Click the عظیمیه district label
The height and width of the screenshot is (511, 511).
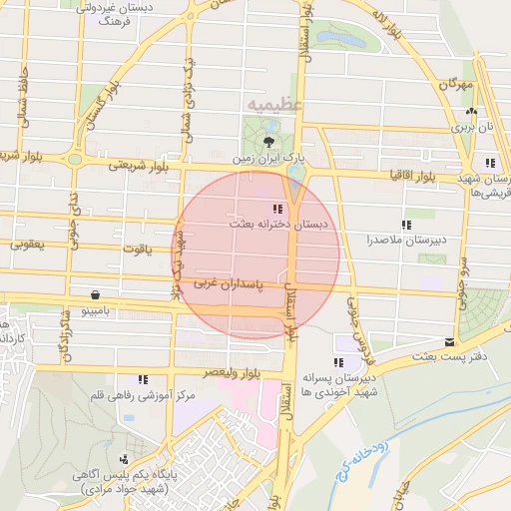click(x=270, y=103)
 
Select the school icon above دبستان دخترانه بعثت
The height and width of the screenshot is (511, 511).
click(x=276, y=209)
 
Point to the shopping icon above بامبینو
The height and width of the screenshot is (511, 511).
click(x=95, y=295)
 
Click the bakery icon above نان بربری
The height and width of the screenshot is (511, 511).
click(x=471, y=113)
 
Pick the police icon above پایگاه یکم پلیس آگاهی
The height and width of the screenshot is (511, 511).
click(x=123, y=459)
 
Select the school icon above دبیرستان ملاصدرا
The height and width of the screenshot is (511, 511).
click(x=405, y=225)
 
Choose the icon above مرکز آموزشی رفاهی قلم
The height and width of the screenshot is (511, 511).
click(x=143, y=379)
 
